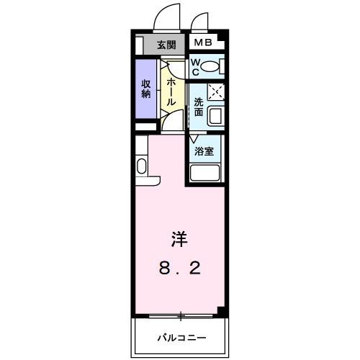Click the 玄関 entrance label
(x=166, y=45)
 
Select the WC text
(x=195, y=67)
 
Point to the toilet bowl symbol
(x=210, y=68)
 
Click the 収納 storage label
(x=145, y=88)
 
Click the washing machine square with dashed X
(x=216, y=92)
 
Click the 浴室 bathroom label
(x=204, y=151)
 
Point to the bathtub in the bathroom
(x=204, y=174)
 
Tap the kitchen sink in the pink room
(x=140, y=167)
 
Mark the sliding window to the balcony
(x=180, y=315)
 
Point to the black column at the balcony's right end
(x=222, y=311)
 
